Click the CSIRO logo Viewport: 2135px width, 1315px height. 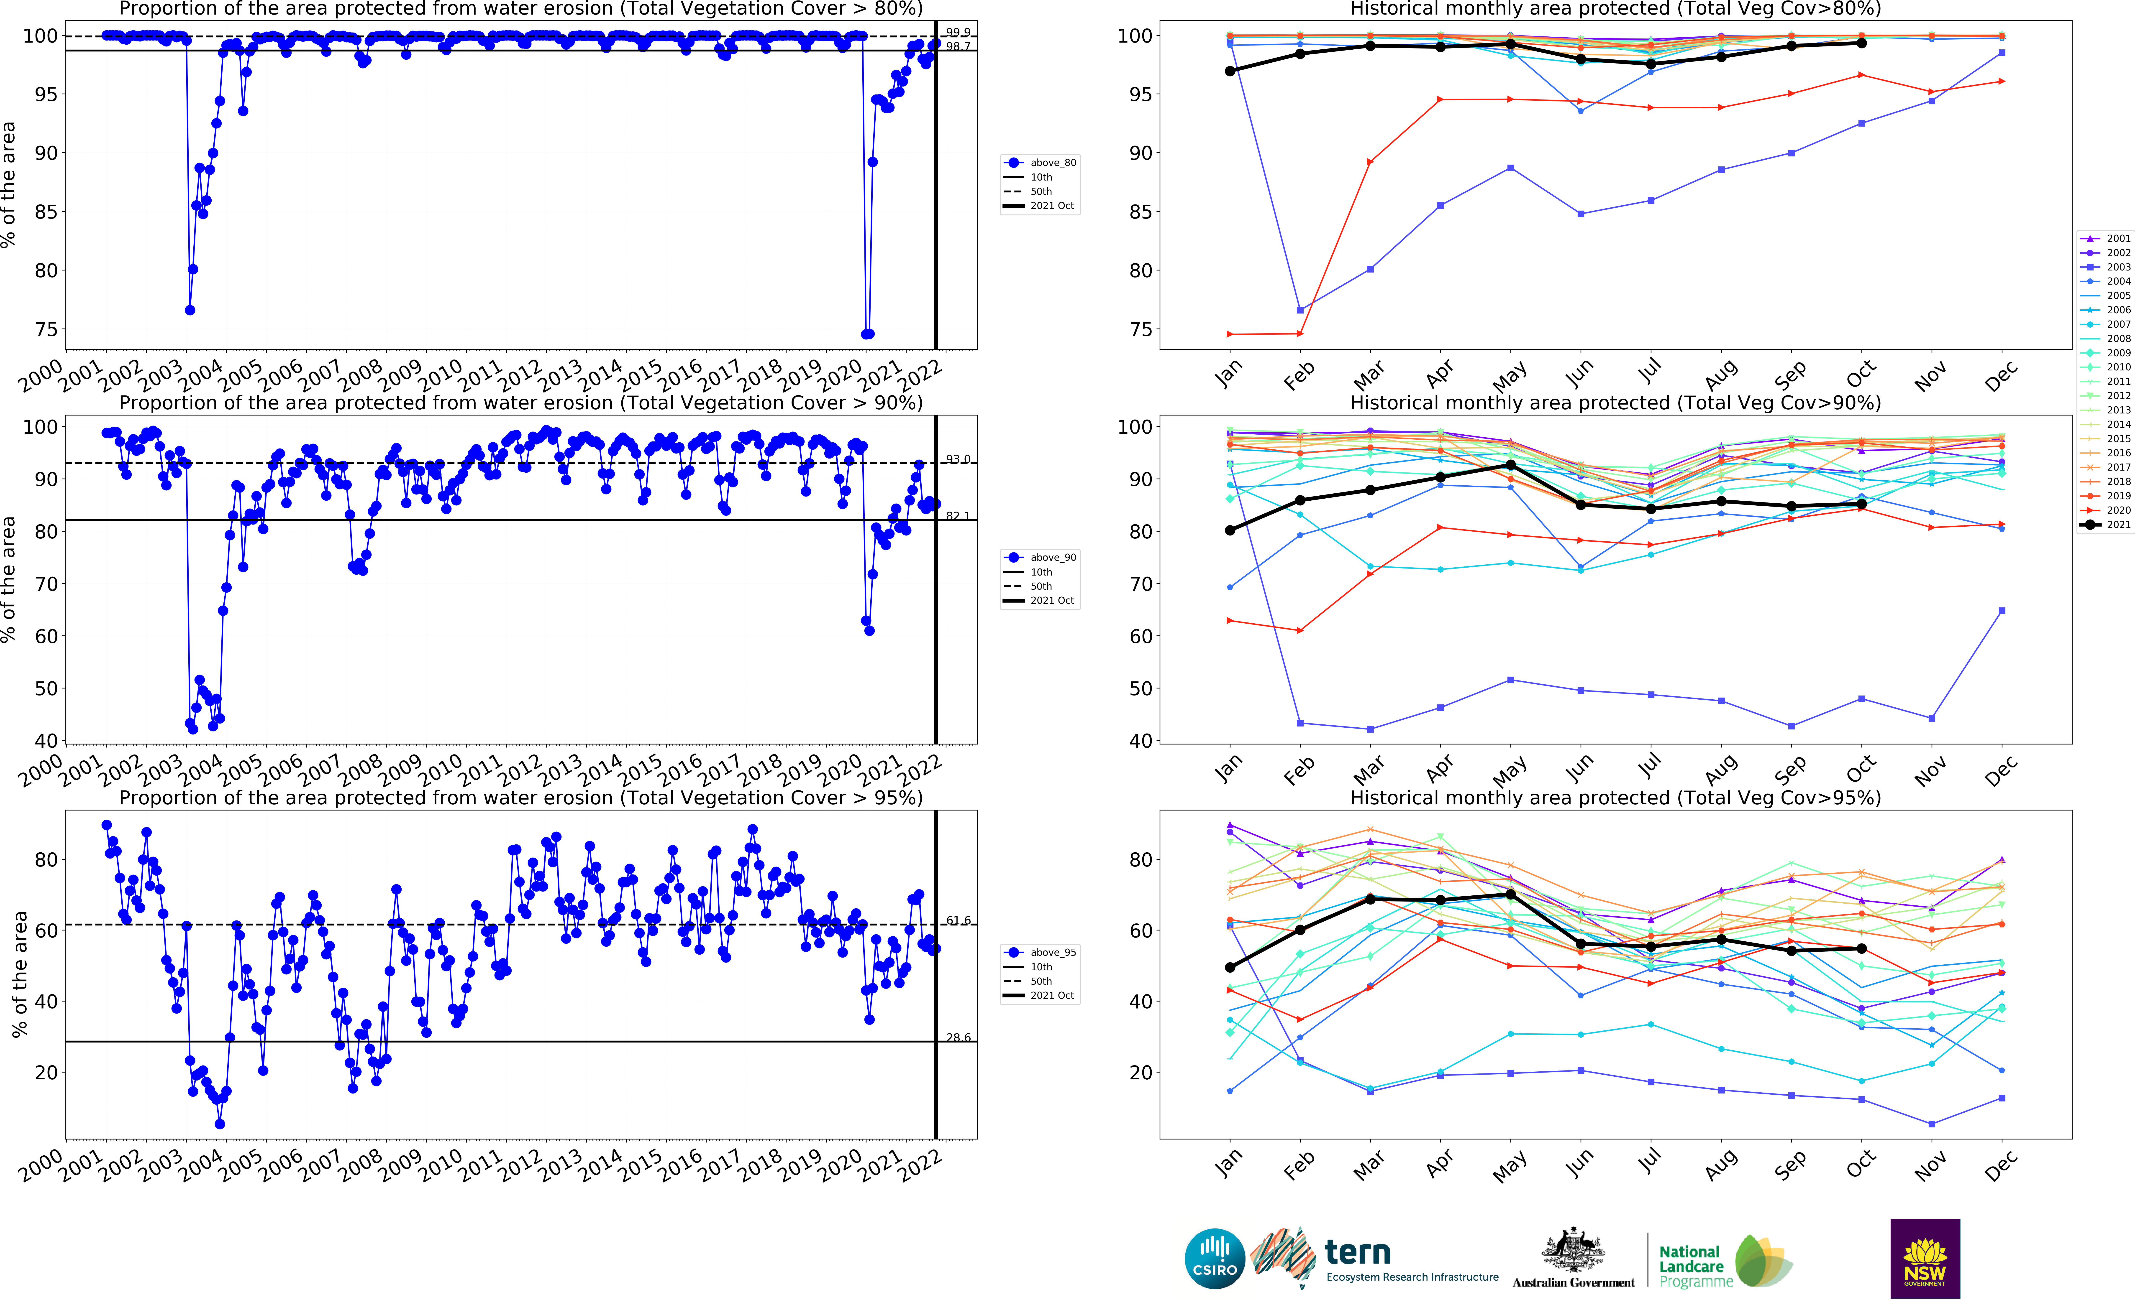[x=1215, y=1259]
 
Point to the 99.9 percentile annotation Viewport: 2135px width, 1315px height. [x=958, y=32]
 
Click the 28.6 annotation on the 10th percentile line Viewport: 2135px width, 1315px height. [x=958, y=1037]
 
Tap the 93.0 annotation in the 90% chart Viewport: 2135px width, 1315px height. [x=958, y=459]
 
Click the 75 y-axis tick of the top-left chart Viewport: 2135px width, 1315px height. [x=45, y=330]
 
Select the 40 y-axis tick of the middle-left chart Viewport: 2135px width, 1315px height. [x=45, y=741]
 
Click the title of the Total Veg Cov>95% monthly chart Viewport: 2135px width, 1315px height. [x=1615, y=798]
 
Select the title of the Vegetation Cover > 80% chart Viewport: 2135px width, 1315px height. [x=520, y=9]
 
